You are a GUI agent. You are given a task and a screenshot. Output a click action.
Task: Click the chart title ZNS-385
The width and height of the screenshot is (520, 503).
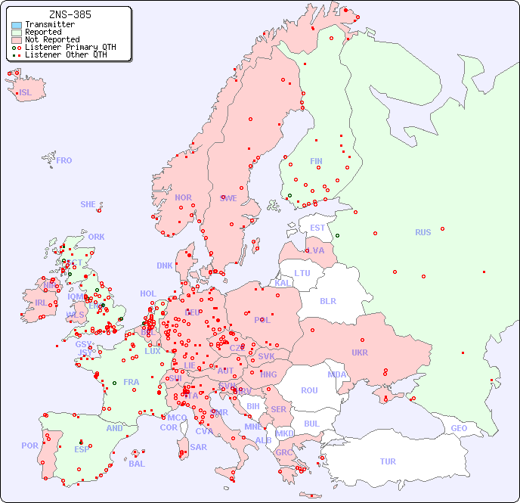point(70,14)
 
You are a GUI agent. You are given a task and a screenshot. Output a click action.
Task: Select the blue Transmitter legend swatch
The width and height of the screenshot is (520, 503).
point(17,25)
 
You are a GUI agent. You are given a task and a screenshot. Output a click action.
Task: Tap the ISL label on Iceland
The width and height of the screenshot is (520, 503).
point(26,93)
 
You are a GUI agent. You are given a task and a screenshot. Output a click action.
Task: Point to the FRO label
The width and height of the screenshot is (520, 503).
point(64,160)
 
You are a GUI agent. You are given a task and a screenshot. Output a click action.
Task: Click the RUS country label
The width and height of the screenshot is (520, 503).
point(422,232)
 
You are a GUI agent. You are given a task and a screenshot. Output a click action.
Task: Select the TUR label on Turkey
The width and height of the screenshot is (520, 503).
point(388,461)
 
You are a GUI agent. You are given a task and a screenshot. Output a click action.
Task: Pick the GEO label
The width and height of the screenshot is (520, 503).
point(459,428)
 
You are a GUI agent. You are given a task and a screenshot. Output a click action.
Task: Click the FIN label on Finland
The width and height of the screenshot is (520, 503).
point(316,161)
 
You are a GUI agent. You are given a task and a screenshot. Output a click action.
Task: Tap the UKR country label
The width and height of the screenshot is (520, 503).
point(360,352)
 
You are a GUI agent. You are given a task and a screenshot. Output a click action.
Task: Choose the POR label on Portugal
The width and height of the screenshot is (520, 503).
point(29,446)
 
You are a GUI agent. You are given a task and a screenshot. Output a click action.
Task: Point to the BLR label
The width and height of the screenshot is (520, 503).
point(328,300)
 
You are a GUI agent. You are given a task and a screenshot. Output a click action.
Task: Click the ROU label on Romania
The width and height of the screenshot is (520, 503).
point(309,390)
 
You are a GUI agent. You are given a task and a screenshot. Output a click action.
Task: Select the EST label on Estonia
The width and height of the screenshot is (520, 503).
point(317,228)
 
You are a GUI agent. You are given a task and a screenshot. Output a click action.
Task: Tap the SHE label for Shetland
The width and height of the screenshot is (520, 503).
point(88,204)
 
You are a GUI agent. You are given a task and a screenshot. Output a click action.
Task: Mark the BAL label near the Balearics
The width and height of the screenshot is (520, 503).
point(137,464)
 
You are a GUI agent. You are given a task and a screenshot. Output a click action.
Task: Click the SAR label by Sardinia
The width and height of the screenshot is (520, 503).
point(198,447)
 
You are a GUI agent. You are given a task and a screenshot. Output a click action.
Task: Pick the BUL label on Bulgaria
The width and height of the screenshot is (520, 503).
point(311,424)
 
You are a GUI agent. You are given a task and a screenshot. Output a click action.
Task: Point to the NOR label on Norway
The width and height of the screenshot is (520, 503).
point(183,197)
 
